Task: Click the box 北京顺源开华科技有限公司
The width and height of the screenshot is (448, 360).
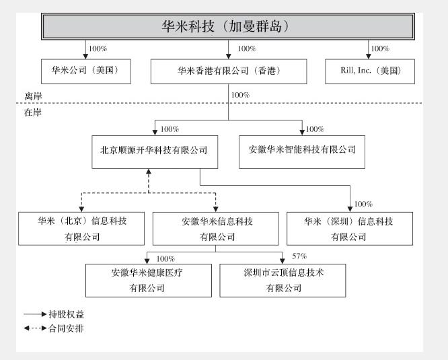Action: click(154, 151)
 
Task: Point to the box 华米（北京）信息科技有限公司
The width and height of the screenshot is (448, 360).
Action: click(82, 229)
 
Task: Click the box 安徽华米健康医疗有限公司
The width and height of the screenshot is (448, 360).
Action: click(147, 280)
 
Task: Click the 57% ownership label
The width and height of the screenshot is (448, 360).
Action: click(300, 256)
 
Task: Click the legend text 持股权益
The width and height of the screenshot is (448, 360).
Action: click(72, 314)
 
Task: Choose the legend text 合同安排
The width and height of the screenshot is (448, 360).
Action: click(72, 328)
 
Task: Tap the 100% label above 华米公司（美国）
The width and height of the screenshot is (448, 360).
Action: click(99, 49)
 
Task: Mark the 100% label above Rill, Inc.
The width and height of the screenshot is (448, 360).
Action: click(381, 49)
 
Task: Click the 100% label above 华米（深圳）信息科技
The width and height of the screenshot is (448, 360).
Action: click(363, 204)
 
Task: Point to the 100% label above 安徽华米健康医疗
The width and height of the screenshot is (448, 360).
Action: click(165, 258)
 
